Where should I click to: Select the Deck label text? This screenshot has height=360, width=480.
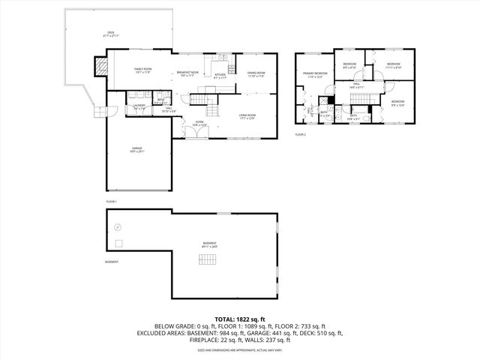pos(110,33)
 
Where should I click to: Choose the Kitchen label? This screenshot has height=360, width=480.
pos(220,75)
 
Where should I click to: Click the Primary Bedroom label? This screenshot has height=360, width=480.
pos(314,74)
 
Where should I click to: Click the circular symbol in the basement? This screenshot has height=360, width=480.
pos(116,227)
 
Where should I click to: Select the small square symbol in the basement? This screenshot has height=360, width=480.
pos(118,243)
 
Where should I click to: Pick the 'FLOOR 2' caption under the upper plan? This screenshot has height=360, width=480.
pos(300,134)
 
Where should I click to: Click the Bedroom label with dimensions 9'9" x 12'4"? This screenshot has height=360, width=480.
pos(397,103)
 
